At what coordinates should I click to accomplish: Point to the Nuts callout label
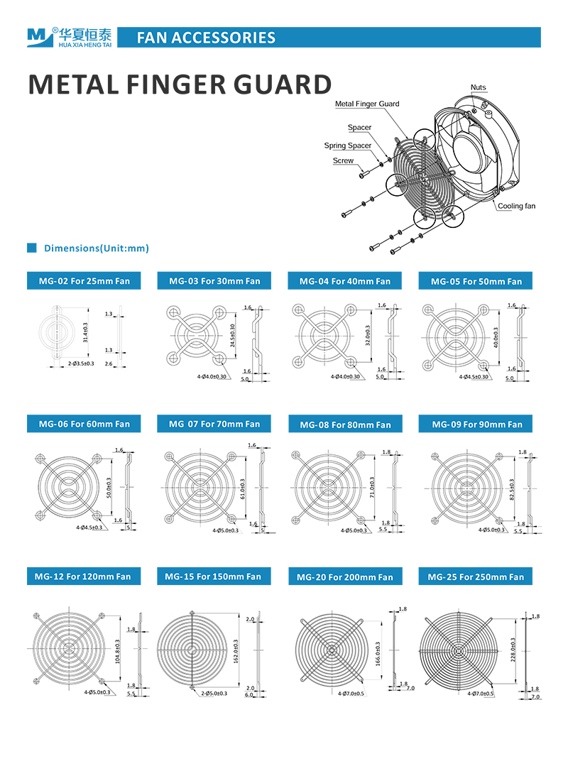tap(479, 87)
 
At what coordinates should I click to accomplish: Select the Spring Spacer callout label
tap(348, 146)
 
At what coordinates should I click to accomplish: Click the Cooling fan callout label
tap(516, 206)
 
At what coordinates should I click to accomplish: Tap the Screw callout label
tap(343, 161)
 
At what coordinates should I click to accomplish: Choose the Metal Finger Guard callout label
tap(367, 104)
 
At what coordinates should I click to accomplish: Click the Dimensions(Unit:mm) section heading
tap(96, 248)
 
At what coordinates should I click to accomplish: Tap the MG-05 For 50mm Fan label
tap(476, 281)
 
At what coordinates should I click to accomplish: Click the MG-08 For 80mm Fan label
tap(345, 425)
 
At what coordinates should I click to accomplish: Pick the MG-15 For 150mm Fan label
tap(213, 576)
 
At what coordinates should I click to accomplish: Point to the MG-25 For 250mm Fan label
tap(476, 576)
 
